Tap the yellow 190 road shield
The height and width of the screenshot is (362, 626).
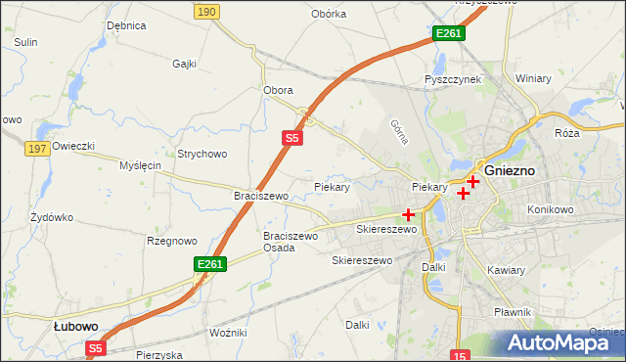(205, 11)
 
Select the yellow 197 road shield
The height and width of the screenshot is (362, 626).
(38, 149)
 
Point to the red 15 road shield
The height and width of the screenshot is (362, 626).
(462, 354)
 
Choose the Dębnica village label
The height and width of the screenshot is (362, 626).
(126, 25)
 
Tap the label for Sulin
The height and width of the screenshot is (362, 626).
(25, 42)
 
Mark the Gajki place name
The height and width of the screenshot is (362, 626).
(184, 64)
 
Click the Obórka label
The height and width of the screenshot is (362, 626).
(329, 14)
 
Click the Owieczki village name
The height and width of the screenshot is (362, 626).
(73, 146)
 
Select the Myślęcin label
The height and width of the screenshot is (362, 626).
(140, 165)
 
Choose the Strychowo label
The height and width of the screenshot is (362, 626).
(201, 154)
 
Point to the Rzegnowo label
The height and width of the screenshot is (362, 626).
(171, 241)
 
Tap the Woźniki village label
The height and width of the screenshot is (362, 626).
(228, 333)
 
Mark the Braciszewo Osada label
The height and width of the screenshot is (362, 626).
(291, 242)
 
